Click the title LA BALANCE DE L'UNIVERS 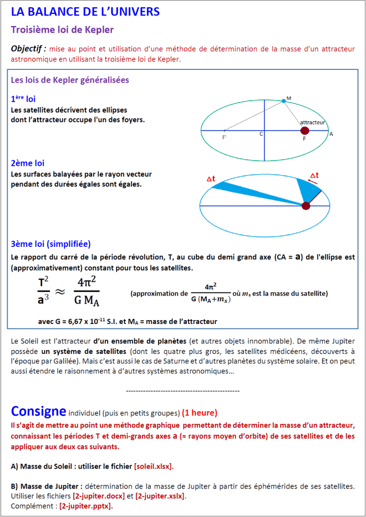85,12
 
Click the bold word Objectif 28,49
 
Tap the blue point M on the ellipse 284,100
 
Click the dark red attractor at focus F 304,130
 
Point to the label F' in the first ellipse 225,136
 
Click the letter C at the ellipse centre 261,134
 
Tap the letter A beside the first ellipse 331,134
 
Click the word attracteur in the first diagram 312,122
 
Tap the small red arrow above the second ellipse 314,181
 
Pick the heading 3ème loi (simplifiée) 50,244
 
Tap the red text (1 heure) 200,413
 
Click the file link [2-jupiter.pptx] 85,506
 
